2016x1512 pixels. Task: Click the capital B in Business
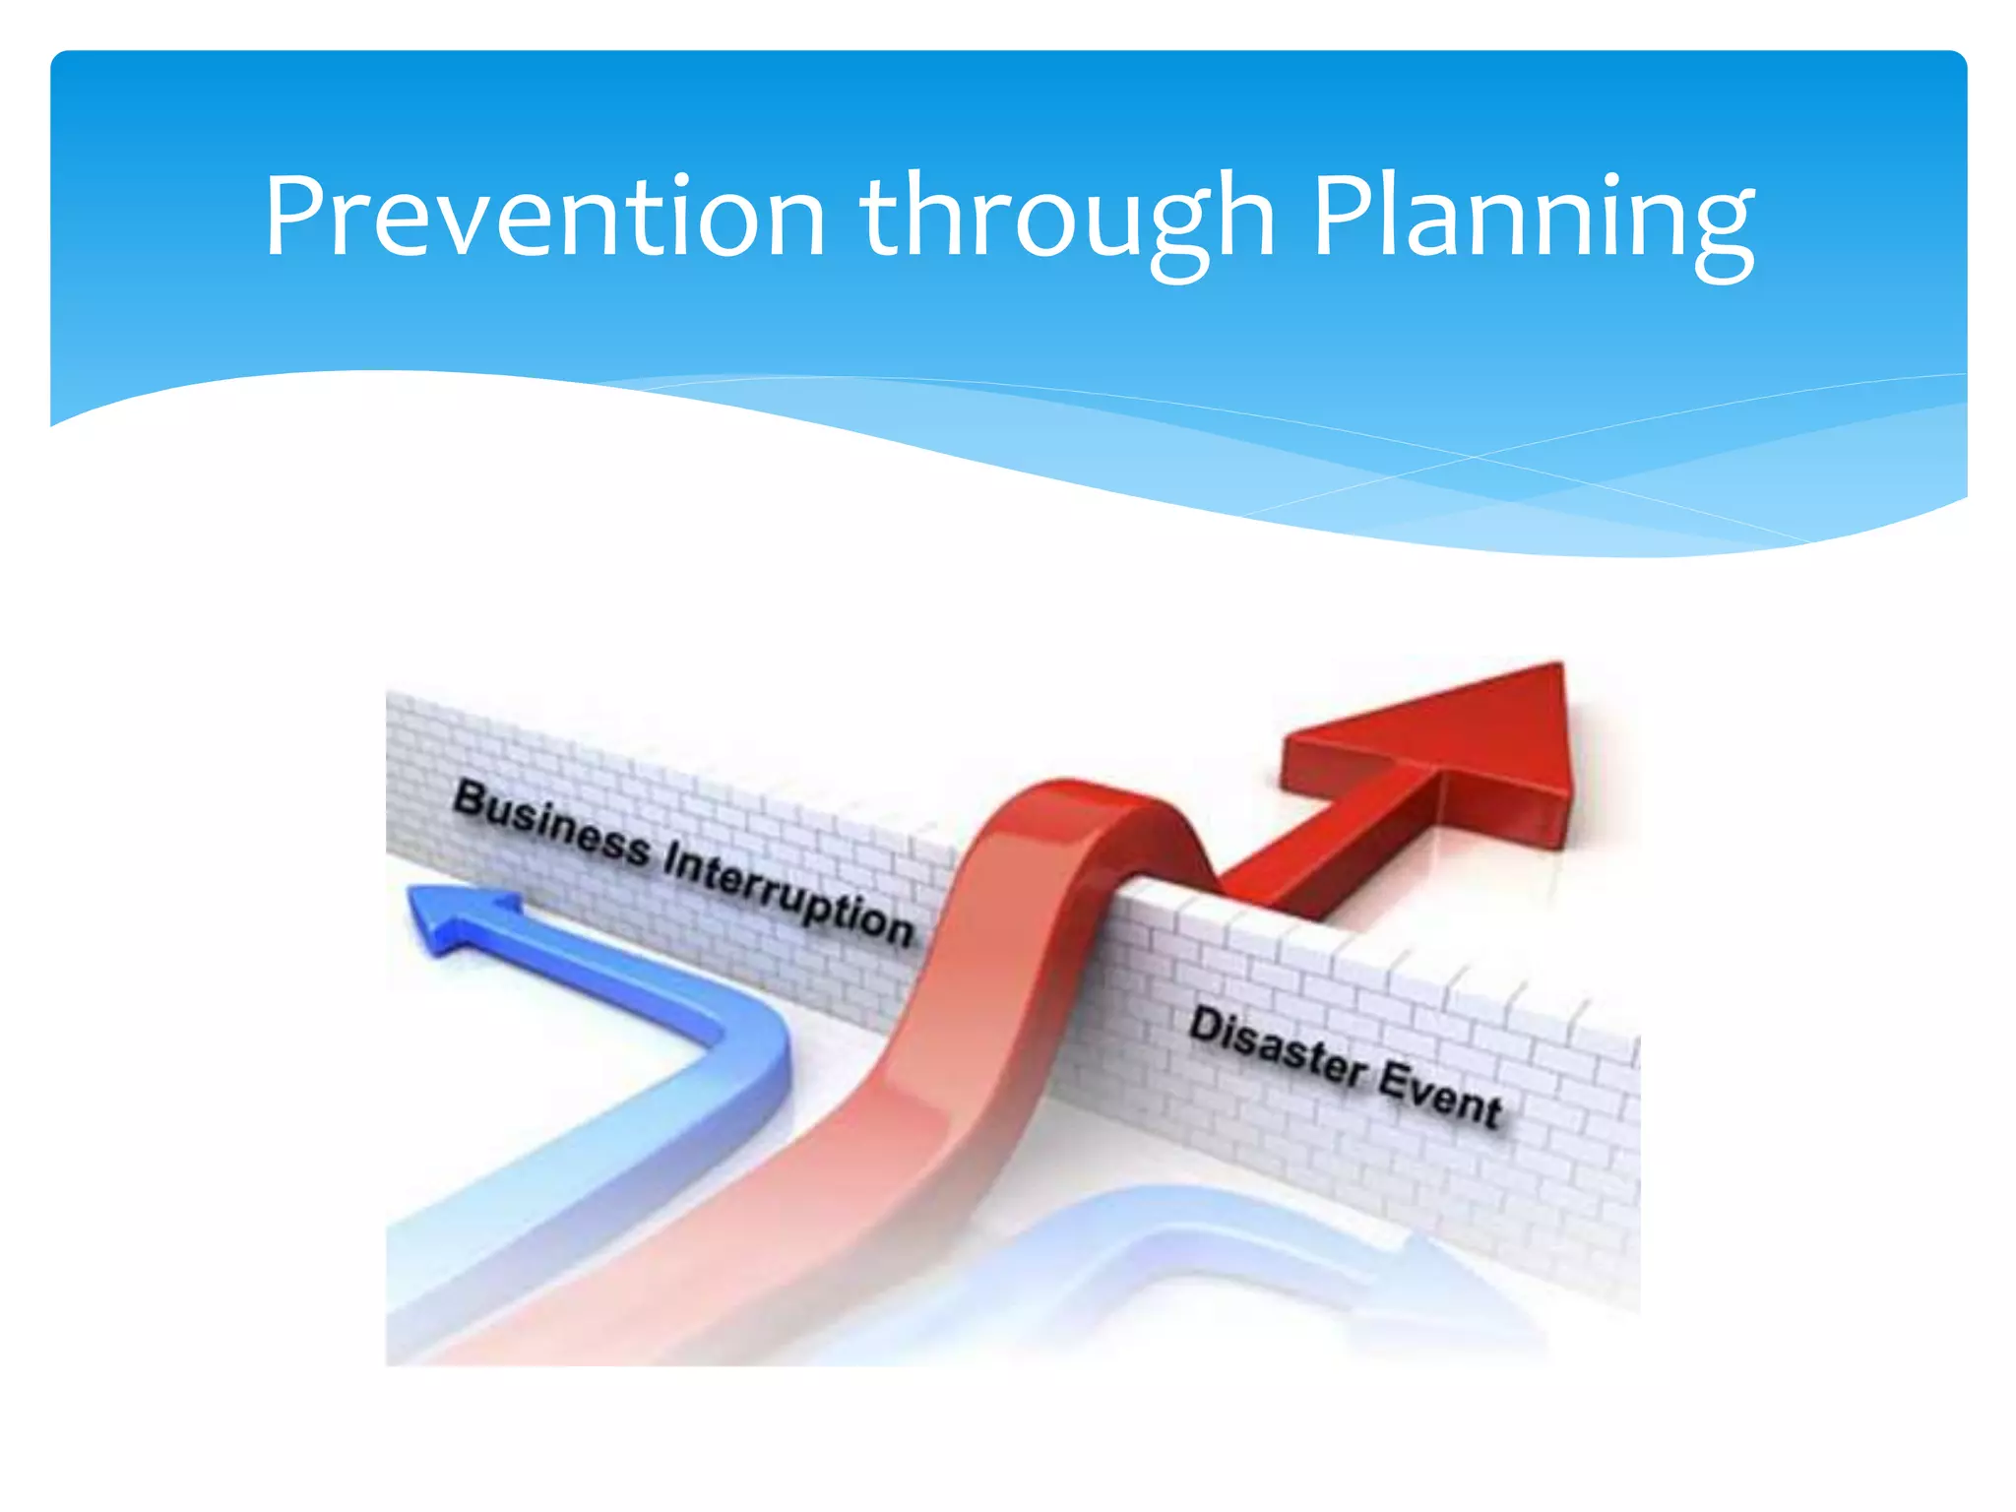pyautogui.click(x=473, y=799)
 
